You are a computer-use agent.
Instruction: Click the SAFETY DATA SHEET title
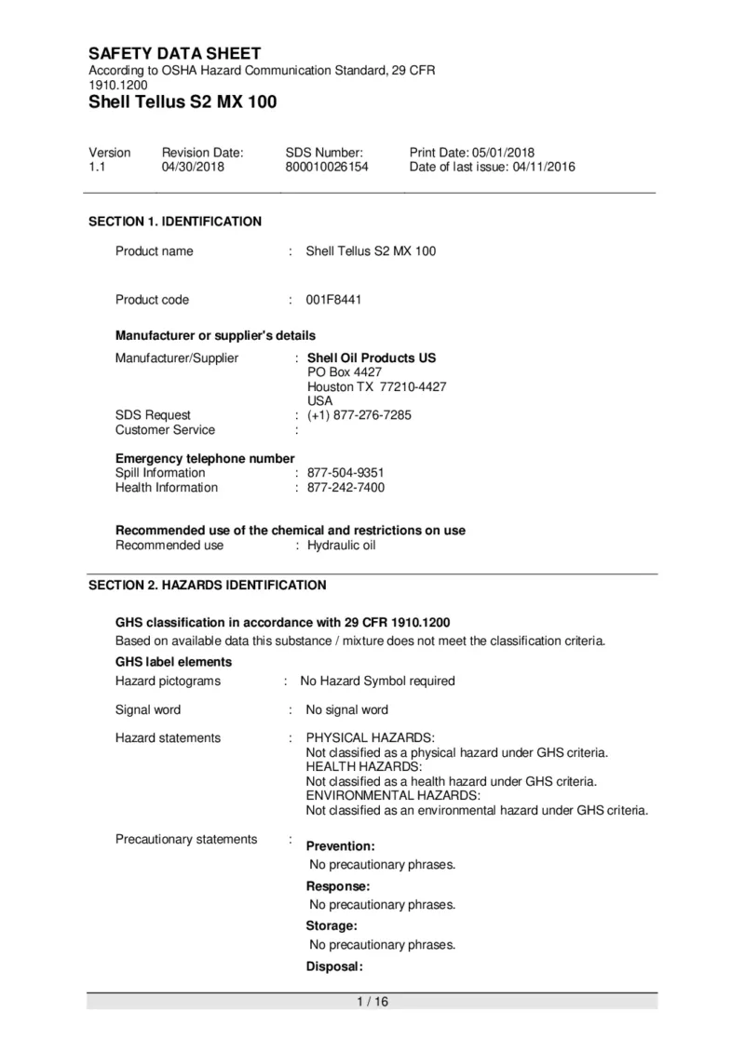pos(174,53)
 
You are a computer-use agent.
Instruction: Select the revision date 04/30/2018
pos(193,168)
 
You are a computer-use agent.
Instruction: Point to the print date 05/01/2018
pos(503,153)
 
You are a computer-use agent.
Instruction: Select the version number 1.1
pos(97,168)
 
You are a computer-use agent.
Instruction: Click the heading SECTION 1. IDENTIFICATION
pos(175,222)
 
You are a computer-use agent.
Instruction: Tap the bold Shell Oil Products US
pos(372,358)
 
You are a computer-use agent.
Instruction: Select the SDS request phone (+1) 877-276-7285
pos(359,415)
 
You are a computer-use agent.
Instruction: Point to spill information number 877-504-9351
pos(345,473)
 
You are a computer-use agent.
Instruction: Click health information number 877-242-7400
pos(345,488)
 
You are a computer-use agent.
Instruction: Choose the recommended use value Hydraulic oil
pos(341,546)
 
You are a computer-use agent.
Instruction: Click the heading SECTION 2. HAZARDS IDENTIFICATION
pos(208,586)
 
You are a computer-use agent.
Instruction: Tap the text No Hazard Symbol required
pos(377,682)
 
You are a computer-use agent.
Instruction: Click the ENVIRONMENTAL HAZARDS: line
pos(393,796)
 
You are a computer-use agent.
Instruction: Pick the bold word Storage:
pos(332,926)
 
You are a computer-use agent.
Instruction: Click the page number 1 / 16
pos(372,1002)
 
